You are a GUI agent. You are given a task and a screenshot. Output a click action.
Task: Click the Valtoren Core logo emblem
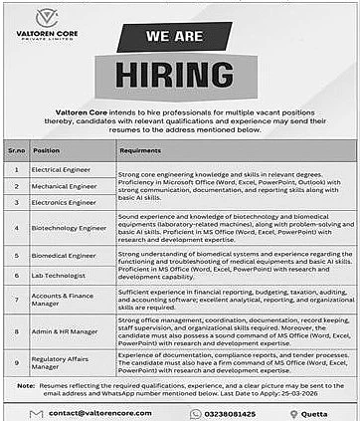click(x=44, y=19)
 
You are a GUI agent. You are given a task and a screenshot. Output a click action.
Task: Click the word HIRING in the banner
click(x=179, y=76)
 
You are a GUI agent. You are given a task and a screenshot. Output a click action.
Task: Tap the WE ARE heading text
click(x=179, y=36)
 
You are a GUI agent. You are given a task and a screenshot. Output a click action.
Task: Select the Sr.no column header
click(x=16, y=151)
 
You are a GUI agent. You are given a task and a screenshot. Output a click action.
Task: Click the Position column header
click(x=47, y=151)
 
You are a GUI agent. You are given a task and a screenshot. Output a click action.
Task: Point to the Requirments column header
click(x=139, y=151)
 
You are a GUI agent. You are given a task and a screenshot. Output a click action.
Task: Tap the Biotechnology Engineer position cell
click(x=69, y=227)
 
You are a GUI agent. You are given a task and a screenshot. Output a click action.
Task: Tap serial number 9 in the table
click(x=16, y=362)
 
